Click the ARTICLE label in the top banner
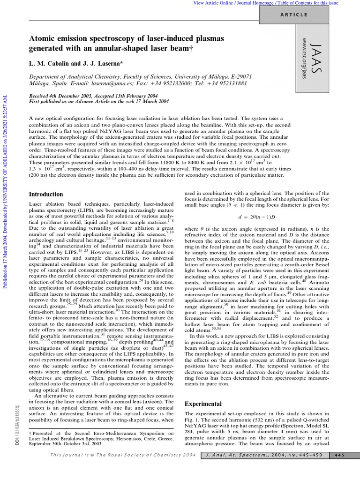pos(294,15)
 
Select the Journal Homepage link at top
pos(256,3)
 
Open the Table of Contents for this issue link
pos(311,3)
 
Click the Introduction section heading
pos(46,194)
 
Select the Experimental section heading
pos(203,404)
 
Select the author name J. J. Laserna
pos(102,62)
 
